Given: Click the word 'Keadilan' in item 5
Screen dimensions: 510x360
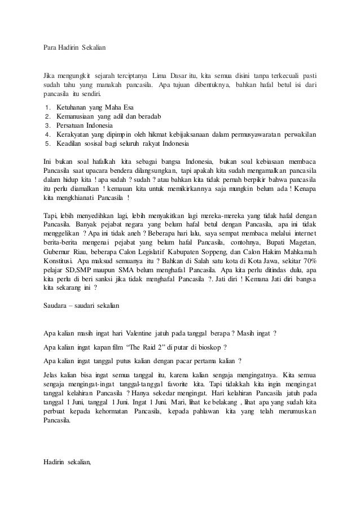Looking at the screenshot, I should [69, 143].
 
